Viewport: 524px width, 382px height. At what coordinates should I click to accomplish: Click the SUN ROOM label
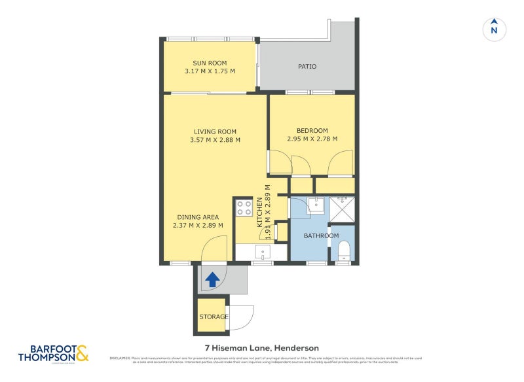210,63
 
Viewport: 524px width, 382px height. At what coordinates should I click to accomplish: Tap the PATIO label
307,66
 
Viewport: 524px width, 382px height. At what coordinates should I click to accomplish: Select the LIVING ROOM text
215,130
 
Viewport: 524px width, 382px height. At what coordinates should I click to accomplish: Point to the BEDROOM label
312,130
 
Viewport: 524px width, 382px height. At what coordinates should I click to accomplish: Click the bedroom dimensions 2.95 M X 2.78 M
312,139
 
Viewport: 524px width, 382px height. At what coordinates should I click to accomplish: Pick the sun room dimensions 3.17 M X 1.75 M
210,71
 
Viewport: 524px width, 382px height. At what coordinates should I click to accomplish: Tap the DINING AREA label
198,217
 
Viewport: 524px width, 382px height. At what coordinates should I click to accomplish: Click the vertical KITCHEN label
259,211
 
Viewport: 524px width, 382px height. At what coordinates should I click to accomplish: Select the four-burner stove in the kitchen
244,208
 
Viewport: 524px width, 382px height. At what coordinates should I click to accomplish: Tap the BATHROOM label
321,235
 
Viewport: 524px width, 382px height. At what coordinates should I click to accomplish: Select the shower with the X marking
342,207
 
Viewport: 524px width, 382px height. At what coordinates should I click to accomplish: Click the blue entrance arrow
212,280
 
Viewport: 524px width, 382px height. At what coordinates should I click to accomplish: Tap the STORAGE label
214,317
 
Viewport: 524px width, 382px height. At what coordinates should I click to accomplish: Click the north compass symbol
495,29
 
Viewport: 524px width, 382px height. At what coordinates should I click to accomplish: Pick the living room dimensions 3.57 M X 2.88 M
215,139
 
